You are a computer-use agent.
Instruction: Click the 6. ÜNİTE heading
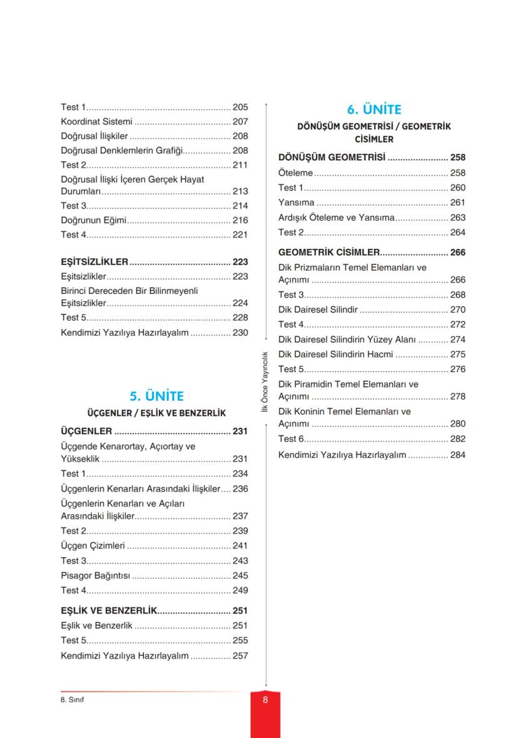373,109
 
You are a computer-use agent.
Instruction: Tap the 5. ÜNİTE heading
156,396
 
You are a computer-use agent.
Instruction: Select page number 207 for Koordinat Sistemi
240,122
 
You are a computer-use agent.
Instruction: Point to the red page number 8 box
265,700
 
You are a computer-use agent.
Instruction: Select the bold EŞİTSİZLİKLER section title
94,262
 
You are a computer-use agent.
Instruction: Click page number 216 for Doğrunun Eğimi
240,220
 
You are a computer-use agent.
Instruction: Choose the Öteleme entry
295,173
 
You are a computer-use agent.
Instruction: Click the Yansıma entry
297,203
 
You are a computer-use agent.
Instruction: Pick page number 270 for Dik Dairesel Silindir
458,310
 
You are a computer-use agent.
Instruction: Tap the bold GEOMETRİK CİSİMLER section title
329,253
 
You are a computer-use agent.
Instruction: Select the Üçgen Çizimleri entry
93,546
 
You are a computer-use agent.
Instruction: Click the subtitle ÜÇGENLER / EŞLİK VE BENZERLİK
156,413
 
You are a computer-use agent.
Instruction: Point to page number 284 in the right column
458,455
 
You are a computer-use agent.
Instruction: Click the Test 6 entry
292,439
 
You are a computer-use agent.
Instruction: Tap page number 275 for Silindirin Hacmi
458,355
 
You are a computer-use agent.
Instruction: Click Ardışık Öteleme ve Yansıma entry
337,218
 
